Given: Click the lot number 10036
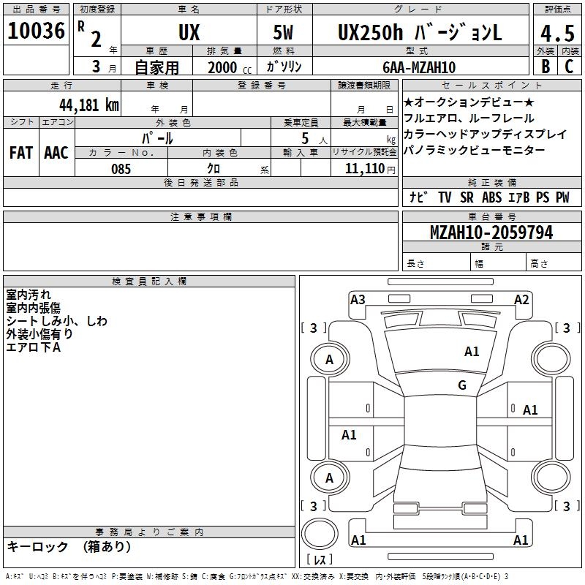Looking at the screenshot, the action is coord(36,31).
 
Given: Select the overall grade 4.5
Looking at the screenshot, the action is coord(557,33).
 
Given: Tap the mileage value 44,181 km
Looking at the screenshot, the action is coord(89,105).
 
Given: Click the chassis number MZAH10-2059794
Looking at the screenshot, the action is coord(491,233).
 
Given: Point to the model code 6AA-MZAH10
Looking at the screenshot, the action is coord(419,67).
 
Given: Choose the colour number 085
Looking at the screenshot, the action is coord(121,169).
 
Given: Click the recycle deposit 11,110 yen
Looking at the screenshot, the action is coord(370,169).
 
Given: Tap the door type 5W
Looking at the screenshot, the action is coord(283,32).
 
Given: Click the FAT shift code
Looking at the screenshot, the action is coord(21,153).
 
